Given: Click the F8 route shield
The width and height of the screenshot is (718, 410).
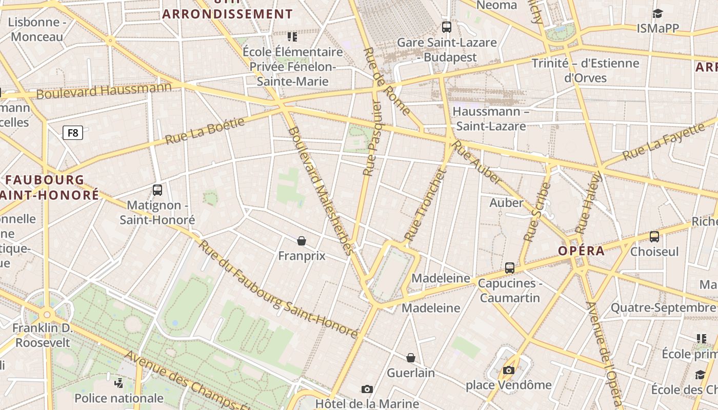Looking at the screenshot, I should (x=73, y=133).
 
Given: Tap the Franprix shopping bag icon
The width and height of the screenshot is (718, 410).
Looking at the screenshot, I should (x=302, y=240).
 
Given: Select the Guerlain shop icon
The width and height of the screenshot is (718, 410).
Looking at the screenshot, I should (x=411, y=358).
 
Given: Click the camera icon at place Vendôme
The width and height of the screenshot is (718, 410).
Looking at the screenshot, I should (x=509, y=370).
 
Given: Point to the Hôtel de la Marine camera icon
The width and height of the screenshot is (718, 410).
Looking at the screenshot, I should (x=367, y=389).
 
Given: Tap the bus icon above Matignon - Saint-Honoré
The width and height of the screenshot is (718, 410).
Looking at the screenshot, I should (x=157, y=190).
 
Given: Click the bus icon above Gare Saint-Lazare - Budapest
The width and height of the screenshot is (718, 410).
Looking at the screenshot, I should (x=447, y=27).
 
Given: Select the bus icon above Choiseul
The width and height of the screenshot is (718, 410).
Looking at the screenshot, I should (x=654, y=236).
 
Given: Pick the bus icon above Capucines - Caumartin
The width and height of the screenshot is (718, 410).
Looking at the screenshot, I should (x=510, y=268).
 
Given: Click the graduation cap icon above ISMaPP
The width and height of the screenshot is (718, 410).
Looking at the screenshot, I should (x=657, y=14).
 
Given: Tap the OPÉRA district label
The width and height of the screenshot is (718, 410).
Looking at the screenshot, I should (x=581, y=251).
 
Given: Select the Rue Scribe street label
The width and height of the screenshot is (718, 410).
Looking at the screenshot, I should (x=536, y=212).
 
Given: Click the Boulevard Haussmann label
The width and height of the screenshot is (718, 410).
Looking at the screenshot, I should (x=104, y=91).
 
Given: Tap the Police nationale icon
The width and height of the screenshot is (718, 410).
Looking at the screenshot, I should (x=119, y=383).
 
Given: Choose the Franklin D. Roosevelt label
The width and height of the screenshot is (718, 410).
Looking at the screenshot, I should (x=43, y=335).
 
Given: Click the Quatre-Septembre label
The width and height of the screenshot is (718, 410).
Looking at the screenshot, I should (x=663, y=307).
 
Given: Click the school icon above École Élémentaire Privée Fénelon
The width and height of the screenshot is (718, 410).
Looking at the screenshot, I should (x=292, y=37).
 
